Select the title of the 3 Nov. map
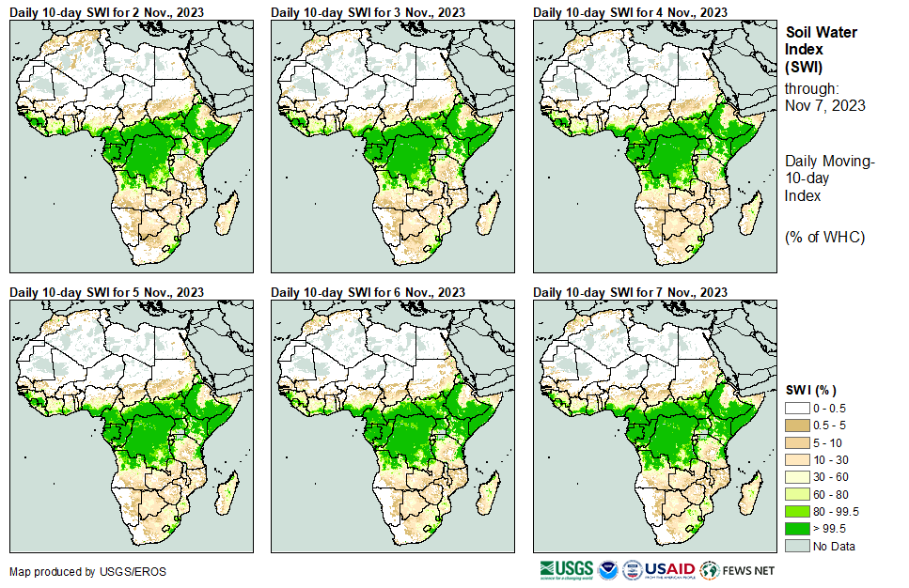click(x=368, y=11)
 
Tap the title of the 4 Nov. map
click(x=630, y=11)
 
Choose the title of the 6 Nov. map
click(x=368, y=292)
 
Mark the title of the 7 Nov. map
click(x=630, y=292)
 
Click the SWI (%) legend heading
click(x=810, y=390)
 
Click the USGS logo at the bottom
click(x=568, y=569)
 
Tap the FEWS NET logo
click(x=739, y=569)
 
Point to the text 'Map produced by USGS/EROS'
click(x=75, y=571)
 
